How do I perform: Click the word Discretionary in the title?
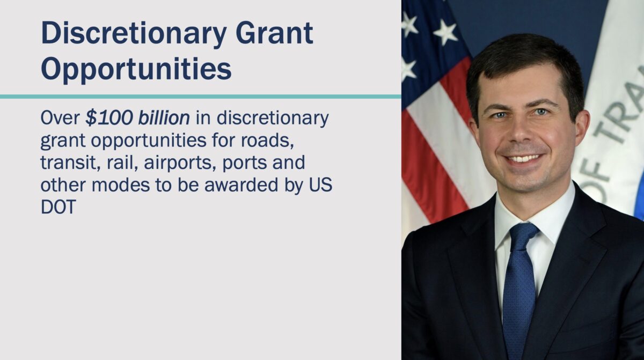(134, 34)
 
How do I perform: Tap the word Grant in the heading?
(274, 33)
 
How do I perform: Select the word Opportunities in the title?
(136, 69)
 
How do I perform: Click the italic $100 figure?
(109, 117)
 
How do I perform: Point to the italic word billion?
(164, 117)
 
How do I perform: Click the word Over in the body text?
(60, 117)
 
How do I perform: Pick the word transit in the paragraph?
(71, 163)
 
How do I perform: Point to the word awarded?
(241, 185)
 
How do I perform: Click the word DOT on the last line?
(58, 207)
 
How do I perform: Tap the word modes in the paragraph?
(121, 185)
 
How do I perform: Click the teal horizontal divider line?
(200, 97)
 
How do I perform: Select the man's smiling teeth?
(524, 158)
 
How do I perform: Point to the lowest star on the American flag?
(408, 69)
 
